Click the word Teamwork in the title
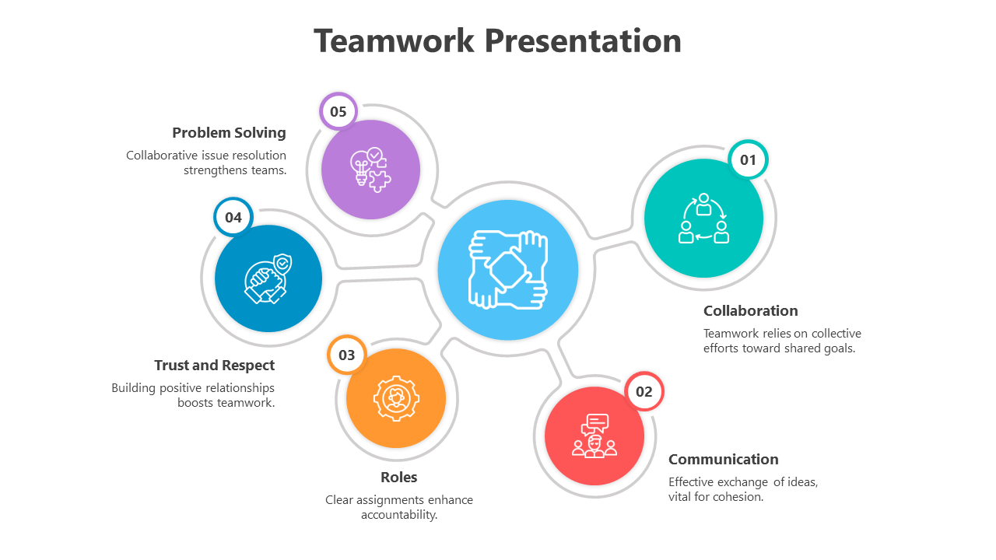(394, 40)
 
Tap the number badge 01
(748, 160)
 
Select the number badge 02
(644, 391)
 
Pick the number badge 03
(346, 355)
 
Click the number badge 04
(233, 218)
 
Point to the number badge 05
(338, 111)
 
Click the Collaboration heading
(750, 311)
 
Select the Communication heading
(723, 459)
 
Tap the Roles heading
(398, 478)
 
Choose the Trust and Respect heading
(214, 366)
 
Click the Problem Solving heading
(229, 133)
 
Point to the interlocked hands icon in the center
(507, 270)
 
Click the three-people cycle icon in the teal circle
(703, 219)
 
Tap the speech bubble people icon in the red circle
(594, 436)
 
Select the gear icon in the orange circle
(396, 398)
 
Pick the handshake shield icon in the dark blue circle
(268, 278)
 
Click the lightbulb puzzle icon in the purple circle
(370, 169)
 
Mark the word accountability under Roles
(398, 515)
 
